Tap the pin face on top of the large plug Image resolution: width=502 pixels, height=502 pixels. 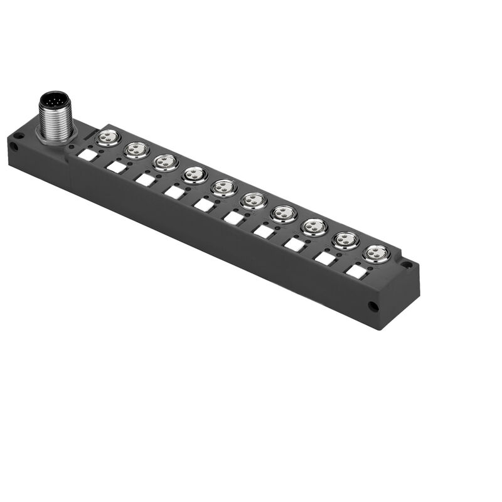tap(54, 100)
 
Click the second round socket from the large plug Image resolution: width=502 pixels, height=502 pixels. tap(137, 149)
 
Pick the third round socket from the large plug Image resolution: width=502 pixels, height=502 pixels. tap(165, 162)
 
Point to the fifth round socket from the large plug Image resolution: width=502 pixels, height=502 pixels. tap(224, 188)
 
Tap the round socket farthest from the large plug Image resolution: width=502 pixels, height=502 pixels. tap(376, 254)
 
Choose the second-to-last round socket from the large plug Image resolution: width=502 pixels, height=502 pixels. tap(346, 240)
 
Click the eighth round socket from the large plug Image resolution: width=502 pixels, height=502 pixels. tap(314, 227)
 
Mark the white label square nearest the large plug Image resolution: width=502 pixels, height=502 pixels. tap(88, 155)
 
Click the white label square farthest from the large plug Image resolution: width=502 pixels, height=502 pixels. tap(357, 272)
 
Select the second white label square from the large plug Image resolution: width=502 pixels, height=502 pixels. tap(117, 168)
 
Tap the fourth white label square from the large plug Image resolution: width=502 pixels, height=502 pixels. tap(174, 193)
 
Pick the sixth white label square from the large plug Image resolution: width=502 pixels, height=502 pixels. tap(233, 218)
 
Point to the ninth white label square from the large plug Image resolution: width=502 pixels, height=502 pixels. tap(325, 258)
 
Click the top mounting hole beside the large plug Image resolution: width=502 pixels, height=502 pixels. tap(19, 134)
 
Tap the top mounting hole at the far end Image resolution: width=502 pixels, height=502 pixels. tap(407, 265)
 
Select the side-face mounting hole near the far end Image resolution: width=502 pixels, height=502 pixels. tap(373, 307)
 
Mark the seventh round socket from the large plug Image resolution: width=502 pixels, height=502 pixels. tap(284, 213)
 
